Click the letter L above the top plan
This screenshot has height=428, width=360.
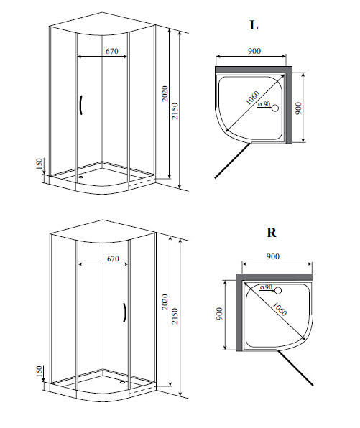point(254,25)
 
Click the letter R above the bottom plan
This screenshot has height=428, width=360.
point(272,233)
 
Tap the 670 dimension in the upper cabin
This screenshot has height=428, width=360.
point(111,51)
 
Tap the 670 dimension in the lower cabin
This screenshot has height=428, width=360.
point(113,259)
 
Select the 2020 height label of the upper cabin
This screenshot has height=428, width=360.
point(165,93)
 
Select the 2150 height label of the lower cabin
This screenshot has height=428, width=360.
point(175,316)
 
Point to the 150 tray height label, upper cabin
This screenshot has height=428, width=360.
point(40,164)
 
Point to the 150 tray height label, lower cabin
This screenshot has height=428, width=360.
point(40,371)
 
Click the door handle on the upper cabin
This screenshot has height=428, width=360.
point(81,105)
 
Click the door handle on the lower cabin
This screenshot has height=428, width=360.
point(124,312)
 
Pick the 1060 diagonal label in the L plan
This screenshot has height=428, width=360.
point(253,98)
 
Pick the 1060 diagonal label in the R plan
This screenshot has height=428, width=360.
point(280,309)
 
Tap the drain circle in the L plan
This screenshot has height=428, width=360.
point(274,108)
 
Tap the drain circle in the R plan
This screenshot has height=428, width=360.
point(278,290)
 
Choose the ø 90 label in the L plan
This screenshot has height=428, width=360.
point(264,104)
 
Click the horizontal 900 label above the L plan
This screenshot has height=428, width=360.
point(254,51)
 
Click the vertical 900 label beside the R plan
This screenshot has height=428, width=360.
point(219,314)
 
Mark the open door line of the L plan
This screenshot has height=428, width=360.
point(232,161)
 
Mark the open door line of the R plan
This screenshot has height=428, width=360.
point(295,368)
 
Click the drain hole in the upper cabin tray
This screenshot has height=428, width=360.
point(80,176)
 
